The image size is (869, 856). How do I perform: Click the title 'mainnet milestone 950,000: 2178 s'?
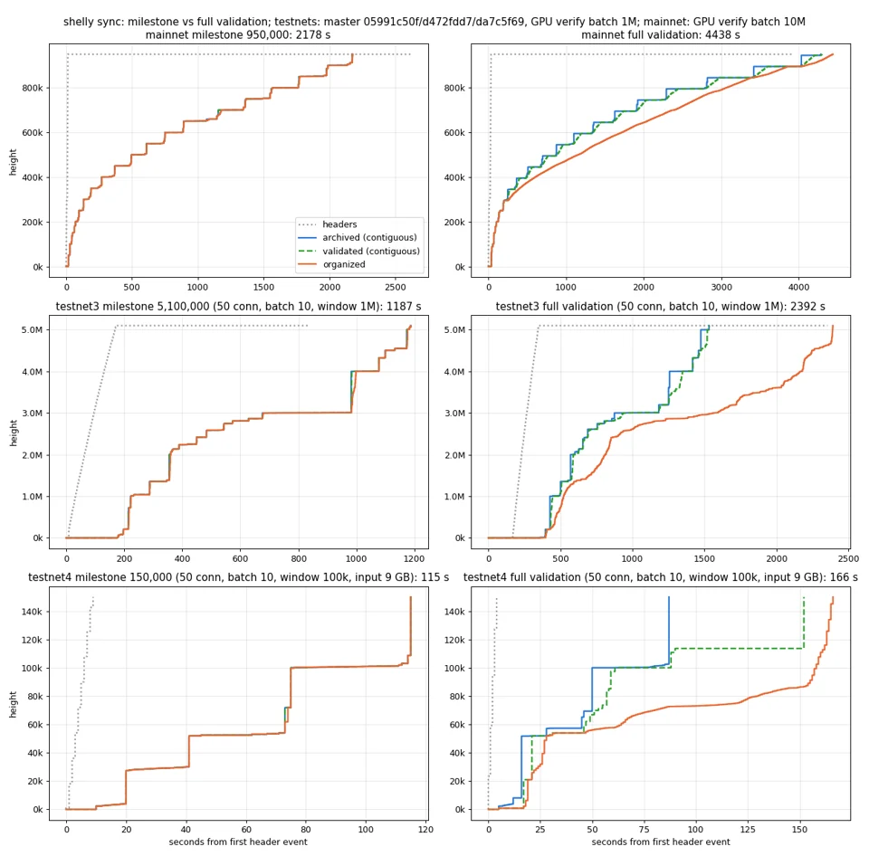point(238,35)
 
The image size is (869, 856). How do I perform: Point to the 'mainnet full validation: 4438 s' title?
point(660,35)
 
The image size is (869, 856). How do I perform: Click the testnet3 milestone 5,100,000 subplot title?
point(238,307)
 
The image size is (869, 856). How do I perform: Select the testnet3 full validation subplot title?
point(660,307)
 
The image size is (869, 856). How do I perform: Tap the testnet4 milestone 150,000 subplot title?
point(238,577)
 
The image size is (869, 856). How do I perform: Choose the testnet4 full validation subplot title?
point(660,577)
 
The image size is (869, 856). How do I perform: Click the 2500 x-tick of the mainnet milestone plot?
point(396,287)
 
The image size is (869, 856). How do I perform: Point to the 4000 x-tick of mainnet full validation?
point(798,287)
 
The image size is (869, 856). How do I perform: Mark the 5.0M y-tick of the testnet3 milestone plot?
point(33,329)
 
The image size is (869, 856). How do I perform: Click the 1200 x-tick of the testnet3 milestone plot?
point(414,558)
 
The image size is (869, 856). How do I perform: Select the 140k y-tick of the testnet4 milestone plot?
point(32,612)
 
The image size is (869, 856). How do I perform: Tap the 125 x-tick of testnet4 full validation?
point(748,830)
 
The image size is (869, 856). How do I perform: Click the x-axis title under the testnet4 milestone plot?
point(238,842)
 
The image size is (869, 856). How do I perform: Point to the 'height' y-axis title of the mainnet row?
point(13,162)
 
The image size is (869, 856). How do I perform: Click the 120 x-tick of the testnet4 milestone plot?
point(425,830)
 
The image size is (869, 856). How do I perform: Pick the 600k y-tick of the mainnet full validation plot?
point(454,133)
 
